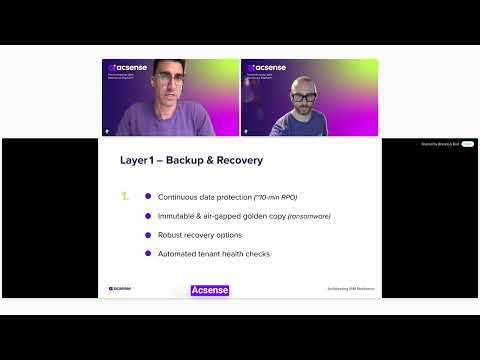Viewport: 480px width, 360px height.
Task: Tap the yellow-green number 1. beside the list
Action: click(x=125, y=196)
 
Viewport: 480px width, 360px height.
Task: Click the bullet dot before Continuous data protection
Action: click(x=148, y=196)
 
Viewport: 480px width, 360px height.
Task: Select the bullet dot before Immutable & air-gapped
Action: click(x=148, y=215)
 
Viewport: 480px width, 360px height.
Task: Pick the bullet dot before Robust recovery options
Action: click(x=148, y=234)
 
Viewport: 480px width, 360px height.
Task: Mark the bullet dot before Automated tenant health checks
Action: click(x=148, y=253)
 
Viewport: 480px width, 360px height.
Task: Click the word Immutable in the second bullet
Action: click(x=176, y=215)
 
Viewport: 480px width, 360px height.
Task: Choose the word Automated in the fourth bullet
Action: click(x=178, y=253)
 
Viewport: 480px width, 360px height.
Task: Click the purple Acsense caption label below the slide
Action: click(x=210, y=290)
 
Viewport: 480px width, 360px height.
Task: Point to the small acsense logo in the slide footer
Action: click(x=119, y=289)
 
